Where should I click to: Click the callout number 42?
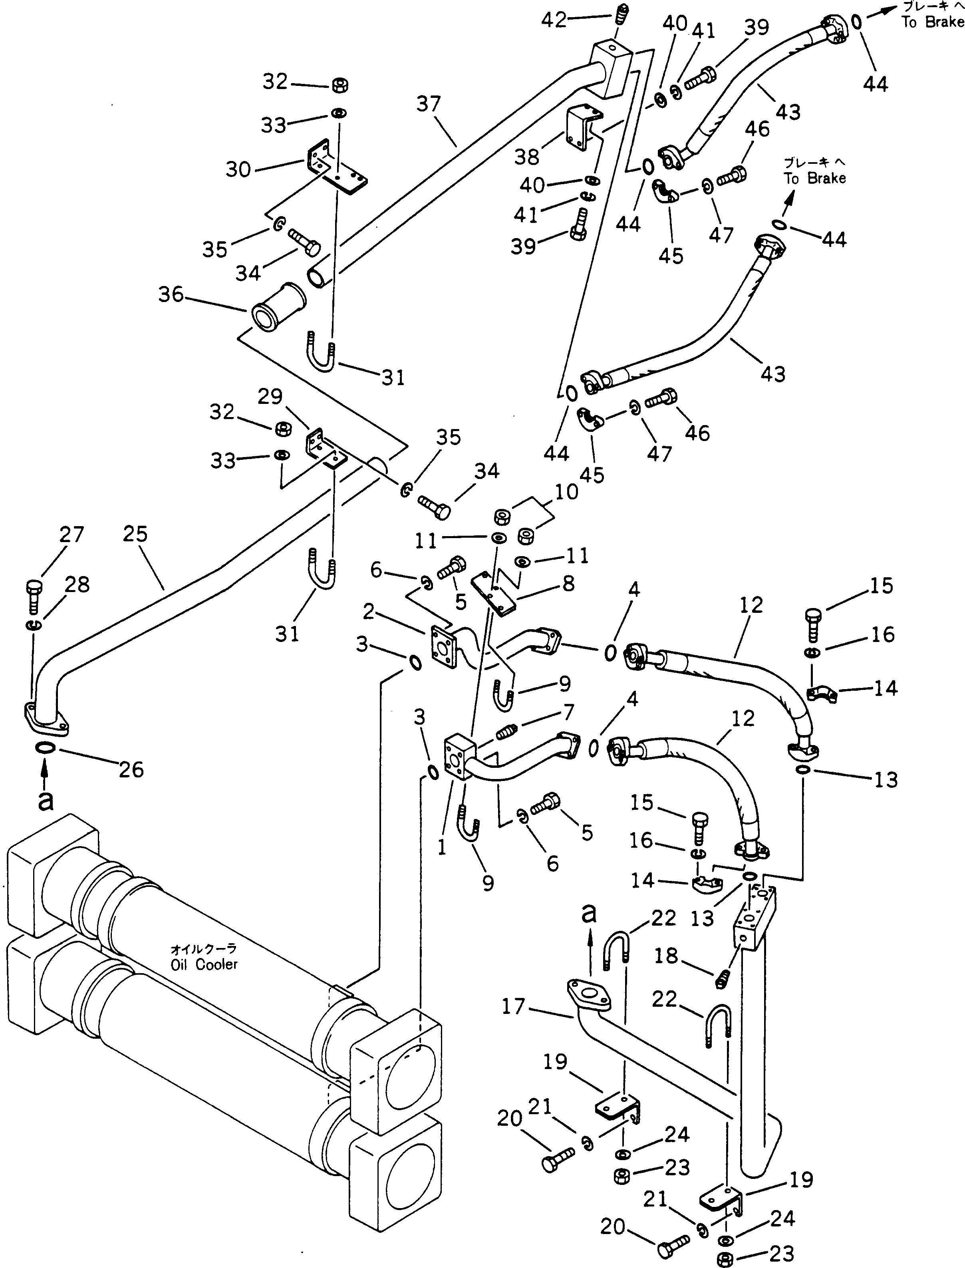point(554,21)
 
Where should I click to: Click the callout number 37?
point(429,104)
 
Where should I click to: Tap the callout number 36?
point(171,295)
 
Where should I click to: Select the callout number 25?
point(135,534)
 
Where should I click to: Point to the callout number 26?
point(131,769)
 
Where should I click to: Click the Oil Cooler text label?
point(204,958)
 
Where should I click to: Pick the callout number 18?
point(666,956)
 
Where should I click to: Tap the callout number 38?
point(527,157)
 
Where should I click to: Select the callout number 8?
point(568,583)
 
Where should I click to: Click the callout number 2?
point(368,612)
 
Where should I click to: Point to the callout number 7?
point(568,712)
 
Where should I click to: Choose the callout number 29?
point(270,396)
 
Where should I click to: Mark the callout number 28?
point(77,584)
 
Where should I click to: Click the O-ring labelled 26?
point(46,748)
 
